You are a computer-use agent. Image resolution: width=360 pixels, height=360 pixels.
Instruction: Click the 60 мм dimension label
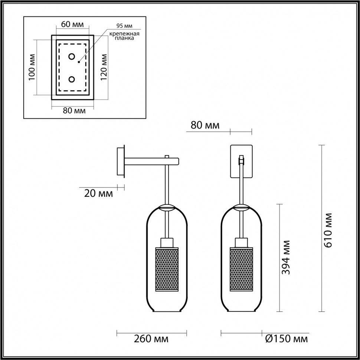coord(72,24)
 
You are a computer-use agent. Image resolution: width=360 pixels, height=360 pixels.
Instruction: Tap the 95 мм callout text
coord(124,26)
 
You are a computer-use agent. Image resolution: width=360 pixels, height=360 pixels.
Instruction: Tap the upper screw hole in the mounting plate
coord(72,57)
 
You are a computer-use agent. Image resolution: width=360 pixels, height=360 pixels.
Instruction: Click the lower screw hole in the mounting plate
coord(72,79)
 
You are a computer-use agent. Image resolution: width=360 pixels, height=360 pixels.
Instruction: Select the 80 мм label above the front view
coord(205,125)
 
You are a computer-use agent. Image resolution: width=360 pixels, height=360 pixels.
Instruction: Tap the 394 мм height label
coord(285,257)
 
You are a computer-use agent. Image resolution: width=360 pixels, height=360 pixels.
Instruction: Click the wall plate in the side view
coord(121,161)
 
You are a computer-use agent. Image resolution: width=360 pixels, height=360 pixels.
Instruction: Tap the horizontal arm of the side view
coord(152,161)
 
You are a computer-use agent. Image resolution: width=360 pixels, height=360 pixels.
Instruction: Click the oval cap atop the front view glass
coord(241,207)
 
